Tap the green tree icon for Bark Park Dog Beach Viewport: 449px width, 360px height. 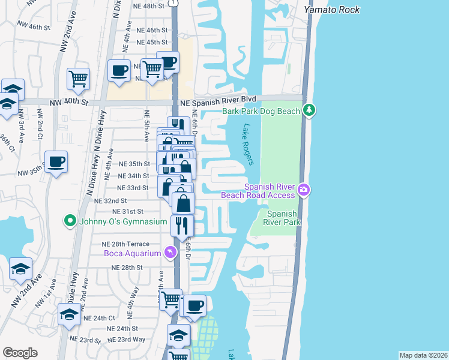309,110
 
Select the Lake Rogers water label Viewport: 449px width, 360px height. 249,144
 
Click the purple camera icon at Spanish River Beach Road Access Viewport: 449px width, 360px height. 304,190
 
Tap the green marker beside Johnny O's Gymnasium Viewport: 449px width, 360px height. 71,221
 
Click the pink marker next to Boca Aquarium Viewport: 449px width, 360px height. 170,253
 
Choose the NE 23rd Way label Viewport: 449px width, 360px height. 127,339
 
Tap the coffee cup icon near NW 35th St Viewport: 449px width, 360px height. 56,162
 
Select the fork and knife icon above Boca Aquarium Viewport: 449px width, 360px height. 181,226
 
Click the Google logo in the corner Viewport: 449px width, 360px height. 20,353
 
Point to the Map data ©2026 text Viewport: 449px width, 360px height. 423,355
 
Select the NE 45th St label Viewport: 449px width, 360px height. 152,42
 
